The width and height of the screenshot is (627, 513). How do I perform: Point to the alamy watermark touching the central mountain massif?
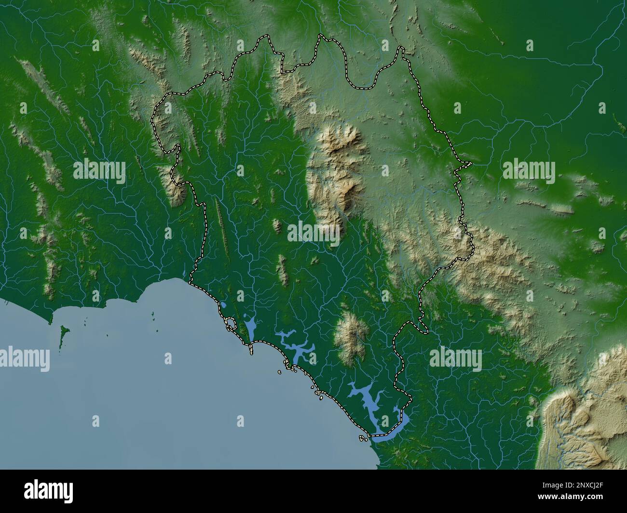[x=313, y=232]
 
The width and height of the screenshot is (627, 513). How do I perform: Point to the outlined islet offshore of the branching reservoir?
[x=280, y=371]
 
